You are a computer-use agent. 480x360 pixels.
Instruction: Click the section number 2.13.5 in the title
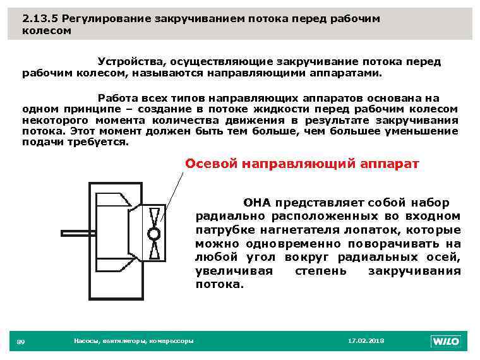(x=40, y=18)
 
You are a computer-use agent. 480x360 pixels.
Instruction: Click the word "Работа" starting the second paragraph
(x=117, y=99)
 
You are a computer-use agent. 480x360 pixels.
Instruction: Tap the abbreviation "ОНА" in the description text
(x=256, y=203)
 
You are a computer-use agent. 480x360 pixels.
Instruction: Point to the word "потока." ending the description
(x=219, y=284)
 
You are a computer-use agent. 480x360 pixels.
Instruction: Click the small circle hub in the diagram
(x=153, y=234)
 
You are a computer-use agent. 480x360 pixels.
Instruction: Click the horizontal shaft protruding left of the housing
(x=76, y=233)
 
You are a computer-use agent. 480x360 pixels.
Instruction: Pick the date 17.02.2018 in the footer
(x=366, y=341)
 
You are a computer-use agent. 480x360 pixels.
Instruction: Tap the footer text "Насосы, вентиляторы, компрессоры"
(x=133, y=341)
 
